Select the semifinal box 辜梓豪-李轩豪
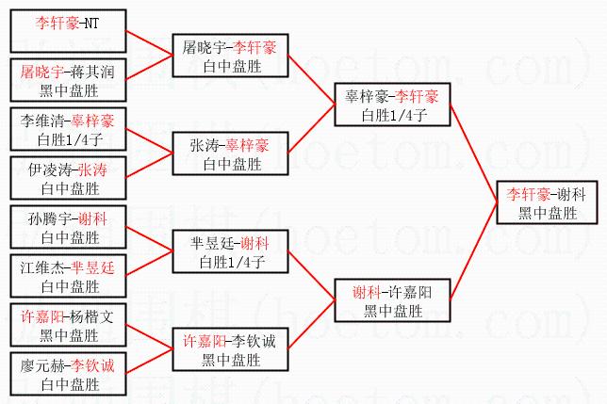(x=392, y=105)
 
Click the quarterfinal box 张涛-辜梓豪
(x=222, y=154)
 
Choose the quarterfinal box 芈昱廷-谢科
(x=222, y=252)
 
